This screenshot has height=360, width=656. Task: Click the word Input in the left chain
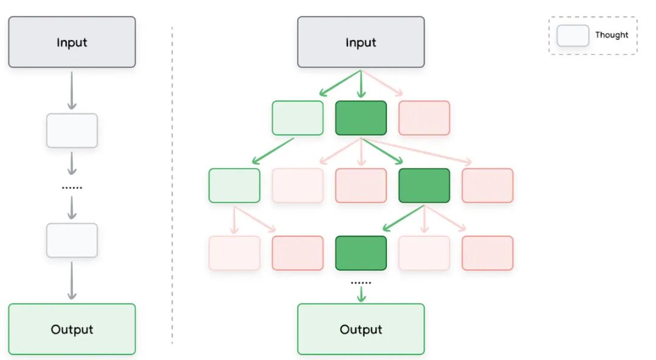point(72,42)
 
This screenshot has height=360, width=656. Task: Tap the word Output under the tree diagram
point(361,330)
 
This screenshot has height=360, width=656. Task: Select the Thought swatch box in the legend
point(573,36)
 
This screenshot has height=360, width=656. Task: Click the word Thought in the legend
point(612,35)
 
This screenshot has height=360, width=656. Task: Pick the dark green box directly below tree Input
point(361,118)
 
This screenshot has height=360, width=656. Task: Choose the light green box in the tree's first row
point(298,118)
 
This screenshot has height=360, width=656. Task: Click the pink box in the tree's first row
point(424,118)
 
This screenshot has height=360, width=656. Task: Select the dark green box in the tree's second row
point(424,186)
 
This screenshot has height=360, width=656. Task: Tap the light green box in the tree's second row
point(234,186)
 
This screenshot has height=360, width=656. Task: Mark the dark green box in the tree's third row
point(361,253)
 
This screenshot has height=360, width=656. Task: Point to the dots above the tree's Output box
point(361,283)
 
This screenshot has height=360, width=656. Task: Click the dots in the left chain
point(72,188)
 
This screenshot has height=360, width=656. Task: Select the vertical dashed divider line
point(172,186)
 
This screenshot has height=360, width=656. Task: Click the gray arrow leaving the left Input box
point(72,90)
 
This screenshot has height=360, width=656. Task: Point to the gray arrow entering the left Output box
point(72,280)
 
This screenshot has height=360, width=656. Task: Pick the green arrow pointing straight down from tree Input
point(361,84)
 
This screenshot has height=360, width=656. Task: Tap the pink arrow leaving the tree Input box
point(383,83)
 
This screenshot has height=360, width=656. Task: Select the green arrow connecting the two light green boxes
point(273,151)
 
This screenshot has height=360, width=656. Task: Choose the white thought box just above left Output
point(72,240)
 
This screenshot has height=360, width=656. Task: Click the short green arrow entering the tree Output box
point(361,295)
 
